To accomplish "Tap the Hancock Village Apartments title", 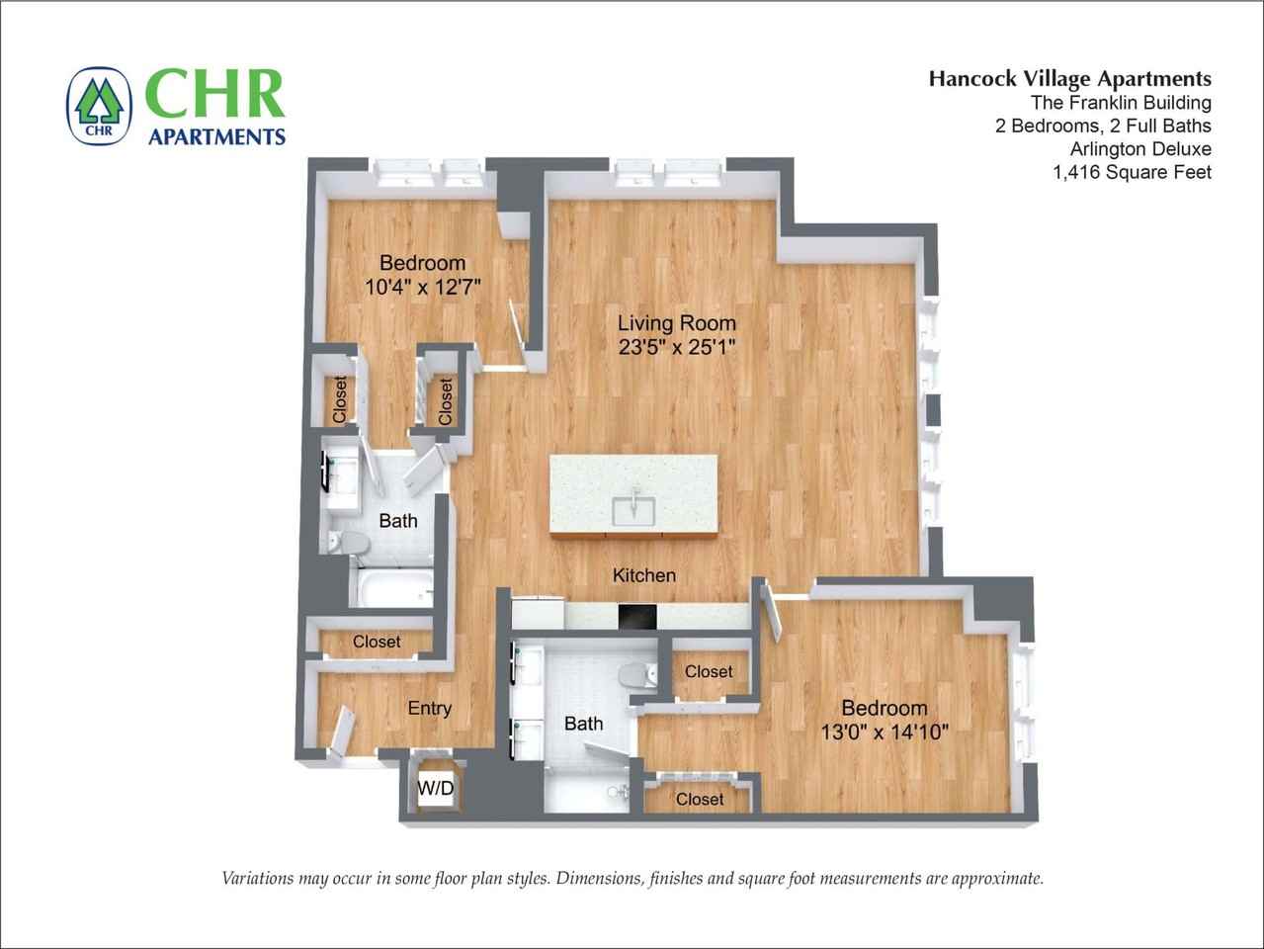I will pyautogui.click(x=1069, y=79).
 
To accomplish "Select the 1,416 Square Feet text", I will pyautogui.click(x=1132, y=172).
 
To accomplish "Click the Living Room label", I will pyautogui.click(x=676, y=322).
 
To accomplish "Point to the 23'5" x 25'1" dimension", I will pyautogui.click(x=676, y=347).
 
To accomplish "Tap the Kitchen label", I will pyautogui.click(x=644, y=575).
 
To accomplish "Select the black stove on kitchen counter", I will pyautogui.click(x=637, y=615).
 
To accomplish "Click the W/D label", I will pyautogui.click(x=436, y=788).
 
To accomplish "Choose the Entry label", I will pyautogui.click(x=429, y=708).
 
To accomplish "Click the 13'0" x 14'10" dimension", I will pyautogui.click(x=885, y=733).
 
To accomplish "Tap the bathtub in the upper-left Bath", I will pyautogui.click(x=393, y=590).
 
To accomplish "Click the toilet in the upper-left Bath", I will pyautogui.click(x=349, y=543).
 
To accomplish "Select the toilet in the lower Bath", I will pyautogui.click(x=636, y=675).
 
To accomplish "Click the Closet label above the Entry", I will pyautogui.click(x=377, y=642).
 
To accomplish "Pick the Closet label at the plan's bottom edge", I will pyautogui.click(x=700, y=799).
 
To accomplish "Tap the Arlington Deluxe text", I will pyautogui.click(x=1140, y=149).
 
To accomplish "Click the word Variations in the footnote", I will pyautogui.click(x=259, y=878).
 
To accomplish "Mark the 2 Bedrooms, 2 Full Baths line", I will pyautogui.click(x=1103, y=126).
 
